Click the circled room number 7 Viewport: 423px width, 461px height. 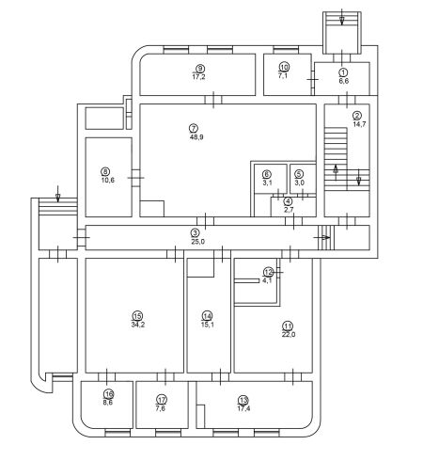[194, 128]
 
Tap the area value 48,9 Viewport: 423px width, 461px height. [196, 137]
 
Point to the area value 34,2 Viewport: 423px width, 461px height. [138, 325]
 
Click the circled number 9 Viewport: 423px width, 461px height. [199, 69]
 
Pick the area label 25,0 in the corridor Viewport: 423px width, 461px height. [197, 242]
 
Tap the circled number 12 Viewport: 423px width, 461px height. [268, 272]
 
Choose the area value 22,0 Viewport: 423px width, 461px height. [289, 334]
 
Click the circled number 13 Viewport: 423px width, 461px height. [243, 400]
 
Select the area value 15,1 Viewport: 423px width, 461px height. [208, 325]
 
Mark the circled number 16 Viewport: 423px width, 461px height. [109, 393]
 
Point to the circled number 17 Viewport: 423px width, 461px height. [162, 400]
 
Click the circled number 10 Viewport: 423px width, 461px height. [284, 67]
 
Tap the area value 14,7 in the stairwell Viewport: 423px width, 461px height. [359, 124]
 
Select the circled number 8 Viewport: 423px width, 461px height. [105, 171]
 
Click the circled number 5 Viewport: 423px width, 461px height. [299, 174]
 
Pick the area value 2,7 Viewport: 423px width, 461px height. [289, 210]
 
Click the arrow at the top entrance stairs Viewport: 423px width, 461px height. [342, 17]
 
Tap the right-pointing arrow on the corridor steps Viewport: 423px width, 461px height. [321, 237]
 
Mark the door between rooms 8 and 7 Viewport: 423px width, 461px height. [135, 178]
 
